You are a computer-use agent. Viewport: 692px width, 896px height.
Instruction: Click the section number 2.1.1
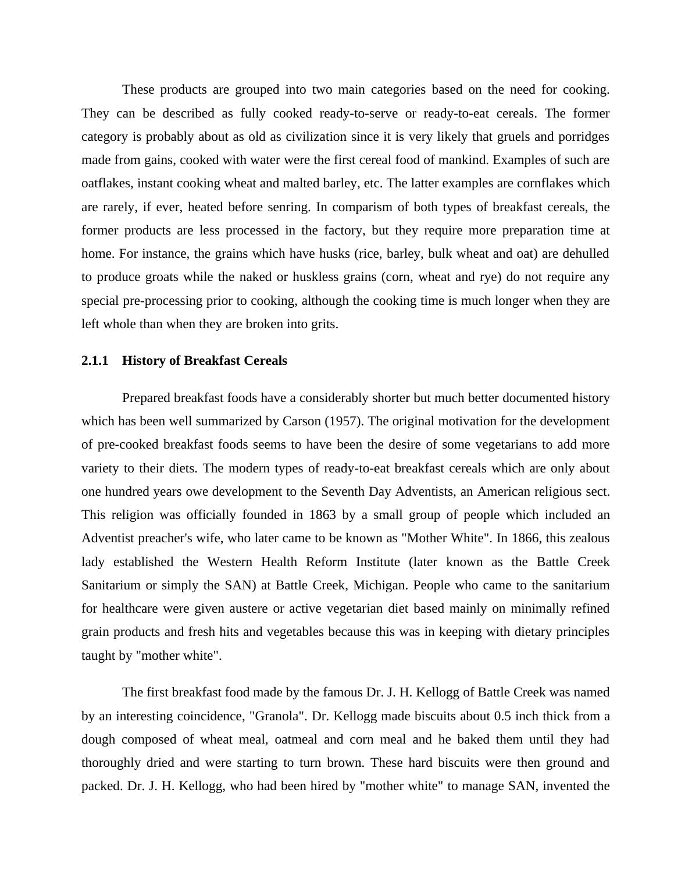coord(95,361)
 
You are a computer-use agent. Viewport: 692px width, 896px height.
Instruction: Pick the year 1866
coord(526,538)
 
